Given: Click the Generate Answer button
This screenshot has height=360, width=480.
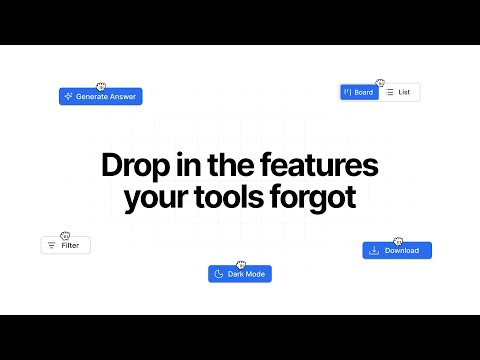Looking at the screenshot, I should (100, 97).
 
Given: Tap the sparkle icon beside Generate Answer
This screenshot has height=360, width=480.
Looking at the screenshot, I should (68, 97).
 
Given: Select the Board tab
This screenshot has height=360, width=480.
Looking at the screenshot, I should (359, 92).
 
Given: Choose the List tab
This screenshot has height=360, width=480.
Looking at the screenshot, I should (399, 92).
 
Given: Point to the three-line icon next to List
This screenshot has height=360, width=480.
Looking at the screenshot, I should (390, 92).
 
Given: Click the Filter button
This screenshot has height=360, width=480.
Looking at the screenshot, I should (66, 245).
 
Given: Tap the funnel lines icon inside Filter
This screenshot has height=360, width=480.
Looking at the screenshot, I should (51, 245).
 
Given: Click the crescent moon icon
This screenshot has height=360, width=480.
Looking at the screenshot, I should (218, 274).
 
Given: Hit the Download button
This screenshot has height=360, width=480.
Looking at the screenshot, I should (396, 250).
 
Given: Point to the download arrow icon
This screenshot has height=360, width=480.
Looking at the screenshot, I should (374, 250).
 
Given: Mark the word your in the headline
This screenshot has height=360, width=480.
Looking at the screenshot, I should (157, 197).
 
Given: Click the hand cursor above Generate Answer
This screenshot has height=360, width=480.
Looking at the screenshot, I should (98, 86).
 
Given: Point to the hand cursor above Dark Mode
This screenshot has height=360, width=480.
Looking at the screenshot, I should (240, 264).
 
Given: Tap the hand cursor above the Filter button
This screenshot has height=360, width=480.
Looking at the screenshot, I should (65, 235).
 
